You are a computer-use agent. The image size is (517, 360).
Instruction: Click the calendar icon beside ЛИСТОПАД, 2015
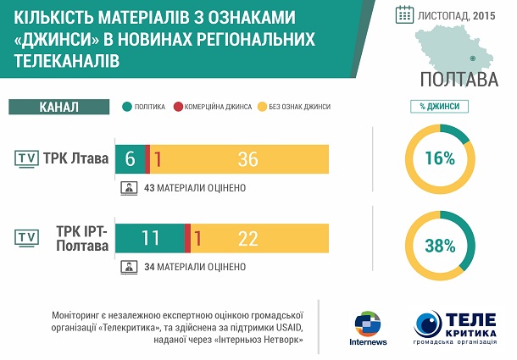tap(404, 15)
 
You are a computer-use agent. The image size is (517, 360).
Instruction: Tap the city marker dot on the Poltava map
tap(472, 58)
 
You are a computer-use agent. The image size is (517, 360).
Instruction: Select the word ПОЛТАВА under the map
tap(459, 80)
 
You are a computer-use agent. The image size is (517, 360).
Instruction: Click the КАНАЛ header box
tap(59, 107)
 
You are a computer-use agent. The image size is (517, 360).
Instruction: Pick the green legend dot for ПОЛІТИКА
tap(127, 107)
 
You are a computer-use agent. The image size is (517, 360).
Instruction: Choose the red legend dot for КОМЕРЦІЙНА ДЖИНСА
tap(178, 107)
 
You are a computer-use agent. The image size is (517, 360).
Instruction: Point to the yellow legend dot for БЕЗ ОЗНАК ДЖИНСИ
tap(262, 107)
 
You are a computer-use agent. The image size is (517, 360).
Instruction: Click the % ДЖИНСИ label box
tap(439, 107)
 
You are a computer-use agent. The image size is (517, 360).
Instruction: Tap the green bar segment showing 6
tap(131, 159)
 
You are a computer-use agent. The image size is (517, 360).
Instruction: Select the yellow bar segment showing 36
tap(239, 159)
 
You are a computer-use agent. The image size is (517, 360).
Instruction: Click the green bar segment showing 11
tap(150, 238)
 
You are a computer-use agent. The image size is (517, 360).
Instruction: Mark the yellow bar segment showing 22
tap(260, 238)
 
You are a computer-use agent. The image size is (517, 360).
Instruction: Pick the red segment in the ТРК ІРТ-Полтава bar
tap(187, 238)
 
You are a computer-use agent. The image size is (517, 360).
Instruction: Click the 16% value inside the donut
tap(440, 158)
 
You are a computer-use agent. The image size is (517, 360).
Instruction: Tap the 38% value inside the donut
tap(440, 246)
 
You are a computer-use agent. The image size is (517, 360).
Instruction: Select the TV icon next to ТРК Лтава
tap(27, 159)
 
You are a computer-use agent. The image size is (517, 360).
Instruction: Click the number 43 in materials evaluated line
tap(149, 188)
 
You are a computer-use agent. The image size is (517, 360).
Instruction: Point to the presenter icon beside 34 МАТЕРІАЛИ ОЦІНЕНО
tap(129, 268)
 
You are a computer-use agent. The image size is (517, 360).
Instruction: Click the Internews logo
tap(368, 328)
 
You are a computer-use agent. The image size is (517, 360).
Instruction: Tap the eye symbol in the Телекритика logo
tap(428, 324)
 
